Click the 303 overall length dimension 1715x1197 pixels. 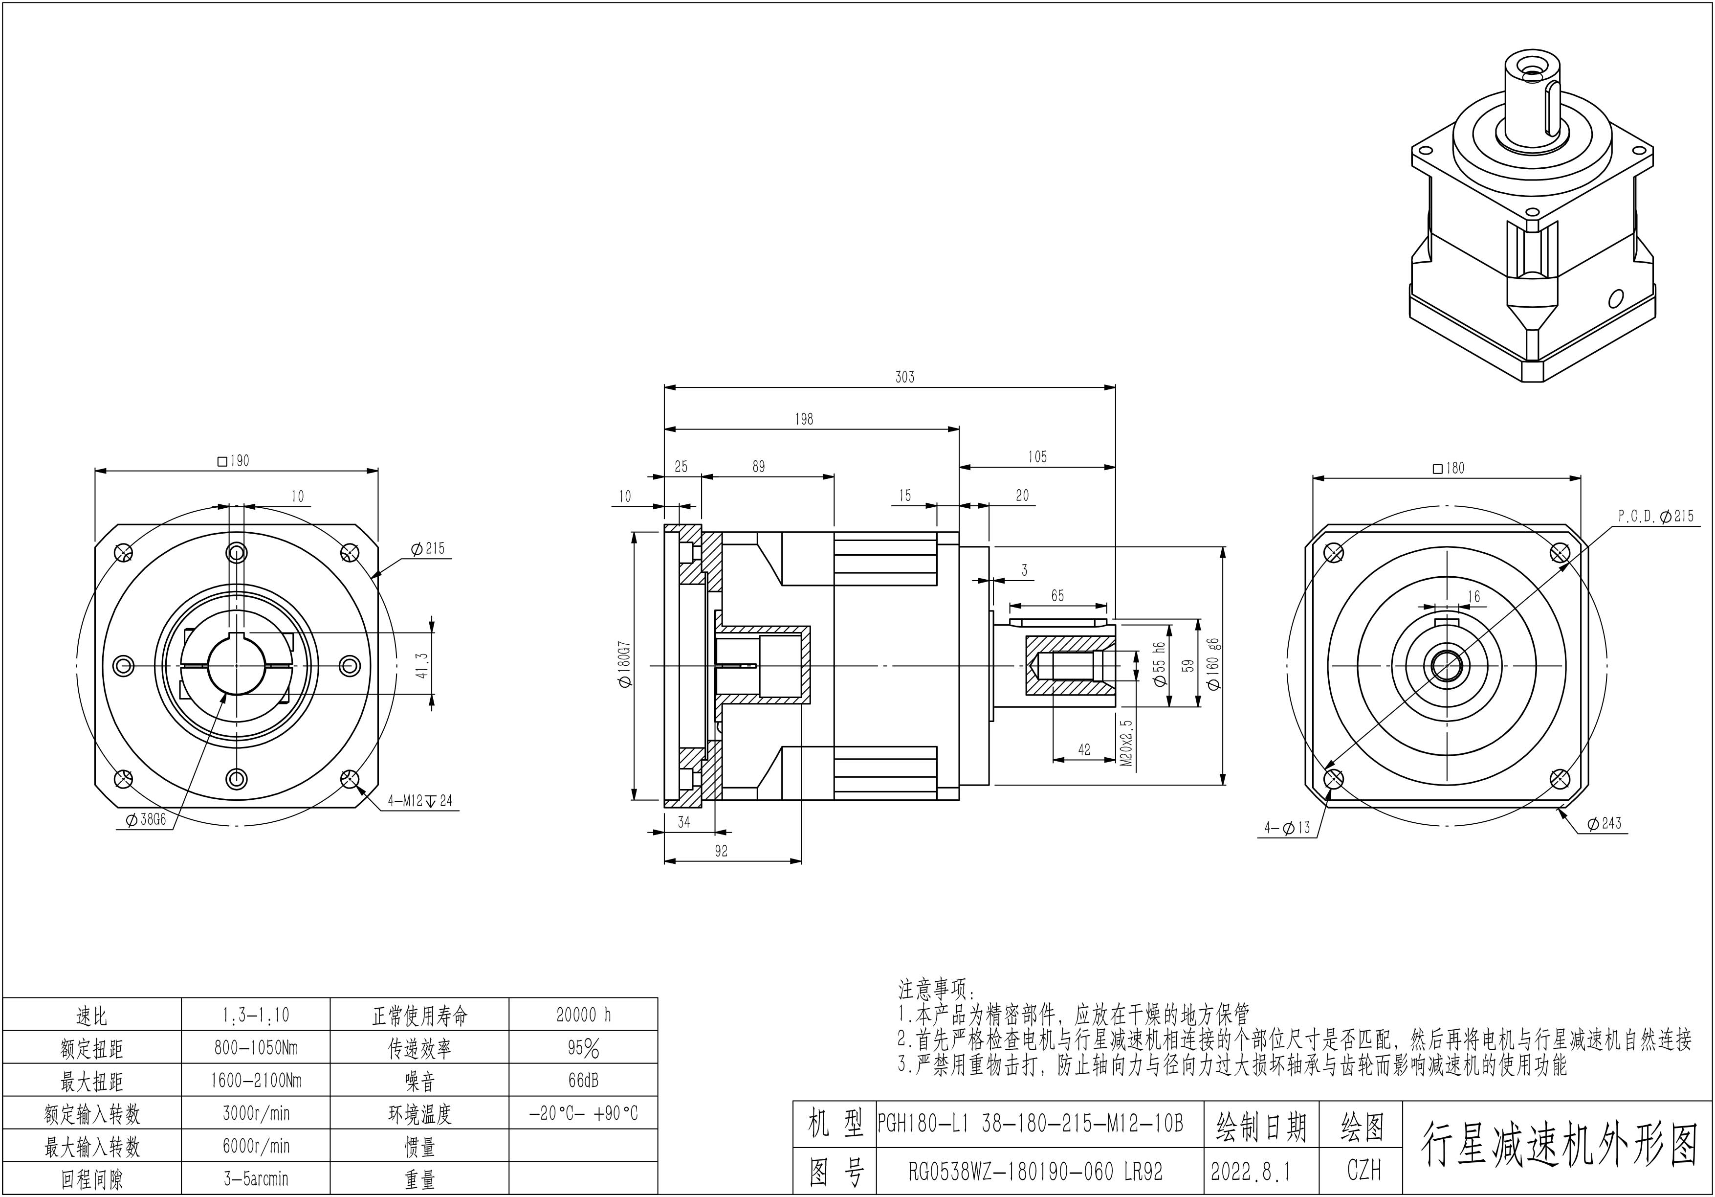click(904, 377)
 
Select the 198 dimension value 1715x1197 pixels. click(804, 419)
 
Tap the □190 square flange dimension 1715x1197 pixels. click(233, 461)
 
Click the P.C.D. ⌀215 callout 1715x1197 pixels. click(1656, 516)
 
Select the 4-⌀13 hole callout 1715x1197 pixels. click(1287, 828)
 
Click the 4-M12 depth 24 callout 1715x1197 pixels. click(420, 801)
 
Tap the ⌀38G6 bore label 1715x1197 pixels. click(146, 820)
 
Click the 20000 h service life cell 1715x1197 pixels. click(583, 1015)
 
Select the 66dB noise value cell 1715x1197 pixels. click(583, 1081)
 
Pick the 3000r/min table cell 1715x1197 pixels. click(256, 1113)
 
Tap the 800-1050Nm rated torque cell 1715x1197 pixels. click(256, 1048)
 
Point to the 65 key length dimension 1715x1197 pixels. click(1057, 595)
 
